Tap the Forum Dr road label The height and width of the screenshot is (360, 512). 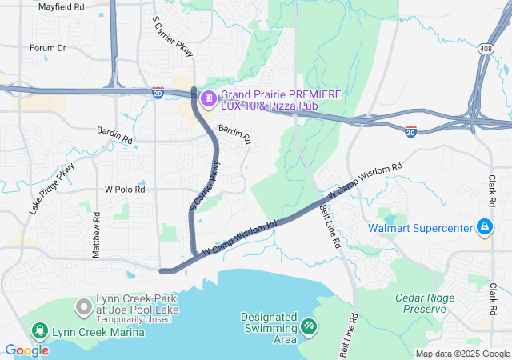tap(47, 48)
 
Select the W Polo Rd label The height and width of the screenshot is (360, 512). tap(125, 190)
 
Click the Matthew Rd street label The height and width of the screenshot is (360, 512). tap(96, 234)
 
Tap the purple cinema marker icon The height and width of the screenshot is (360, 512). tap(208, 98)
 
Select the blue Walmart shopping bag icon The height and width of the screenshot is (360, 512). tap(484, 228)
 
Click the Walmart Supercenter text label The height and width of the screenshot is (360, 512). tap(421, 228)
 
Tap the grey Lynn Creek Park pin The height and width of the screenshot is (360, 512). tap(83, 306)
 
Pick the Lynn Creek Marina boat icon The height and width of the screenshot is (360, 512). tap(39, 331)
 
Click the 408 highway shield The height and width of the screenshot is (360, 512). tap(486, 50)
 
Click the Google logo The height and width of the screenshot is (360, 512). tap(26, 350)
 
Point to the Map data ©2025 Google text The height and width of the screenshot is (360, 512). tap(462, 354)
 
